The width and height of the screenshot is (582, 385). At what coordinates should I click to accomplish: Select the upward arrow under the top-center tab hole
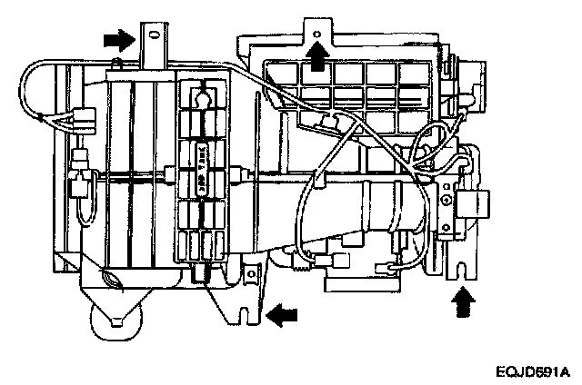[x=316, y=57]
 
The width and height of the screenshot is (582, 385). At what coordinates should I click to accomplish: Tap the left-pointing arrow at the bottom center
[x=283, y=313]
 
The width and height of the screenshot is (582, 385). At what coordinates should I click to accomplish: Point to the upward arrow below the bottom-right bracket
[x=463, y=301]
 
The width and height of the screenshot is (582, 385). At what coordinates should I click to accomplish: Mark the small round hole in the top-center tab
[x=316, y=30]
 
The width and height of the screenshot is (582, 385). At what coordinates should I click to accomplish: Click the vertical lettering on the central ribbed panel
[x=204, y=177]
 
